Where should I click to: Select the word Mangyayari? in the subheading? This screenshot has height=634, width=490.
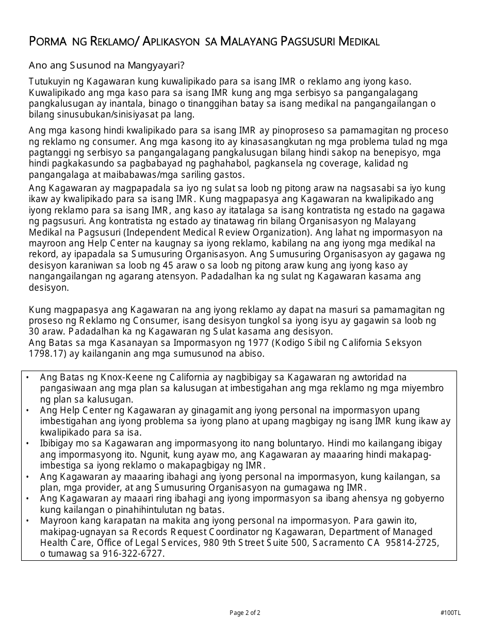click(160, 65)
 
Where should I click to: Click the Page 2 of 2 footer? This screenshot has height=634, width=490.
click(245, 613)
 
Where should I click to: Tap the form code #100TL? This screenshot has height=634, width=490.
click(451, 613)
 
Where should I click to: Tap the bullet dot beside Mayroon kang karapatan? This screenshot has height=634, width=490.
click(27, 521)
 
